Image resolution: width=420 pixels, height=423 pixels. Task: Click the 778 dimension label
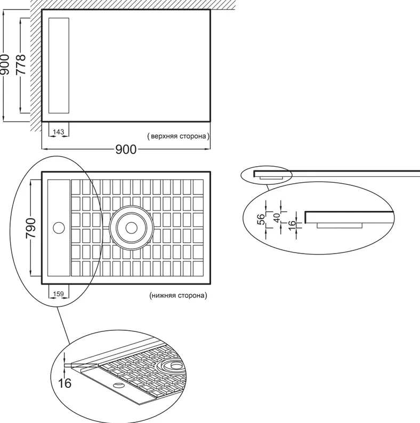pos(21,64)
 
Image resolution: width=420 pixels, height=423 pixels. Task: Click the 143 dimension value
pos(58,132)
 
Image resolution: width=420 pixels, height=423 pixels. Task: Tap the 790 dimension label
pos(30,228)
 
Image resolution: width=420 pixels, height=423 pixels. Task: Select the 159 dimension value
pos(58,294)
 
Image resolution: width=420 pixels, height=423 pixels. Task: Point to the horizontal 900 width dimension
pos(126,149)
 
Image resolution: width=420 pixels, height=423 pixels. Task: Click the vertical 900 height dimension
pos(5,64)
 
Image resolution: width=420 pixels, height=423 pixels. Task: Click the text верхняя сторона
pos(178,136)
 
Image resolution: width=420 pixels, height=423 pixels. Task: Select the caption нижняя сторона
pos(178,295)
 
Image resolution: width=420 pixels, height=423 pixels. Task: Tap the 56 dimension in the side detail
pos(261,219)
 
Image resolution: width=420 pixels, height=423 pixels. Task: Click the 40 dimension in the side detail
pos(277,218)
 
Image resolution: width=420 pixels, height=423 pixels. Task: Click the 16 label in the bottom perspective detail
pos(65,383)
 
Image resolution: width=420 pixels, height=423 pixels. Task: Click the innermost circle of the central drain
pos(132,228)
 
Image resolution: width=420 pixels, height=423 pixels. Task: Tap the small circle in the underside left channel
pos(59,228)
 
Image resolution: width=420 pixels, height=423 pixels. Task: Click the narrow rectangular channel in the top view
pos(59,66)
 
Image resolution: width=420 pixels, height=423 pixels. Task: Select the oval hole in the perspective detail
pos(118,385)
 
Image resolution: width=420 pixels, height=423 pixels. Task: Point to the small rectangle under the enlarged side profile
pos(340,225)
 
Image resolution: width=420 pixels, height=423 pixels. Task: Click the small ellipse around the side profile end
pos(266,175)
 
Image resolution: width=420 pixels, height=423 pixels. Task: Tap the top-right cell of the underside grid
pos(198,187)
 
